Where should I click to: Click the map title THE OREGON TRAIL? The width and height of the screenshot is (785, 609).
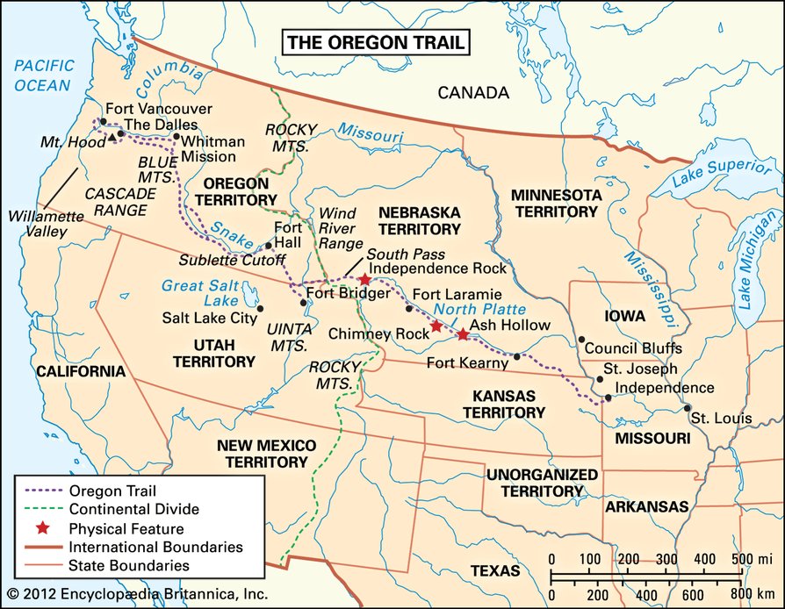point(374,42)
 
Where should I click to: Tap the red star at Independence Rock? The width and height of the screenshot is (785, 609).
point(364,279)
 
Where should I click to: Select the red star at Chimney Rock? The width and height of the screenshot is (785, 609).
point(436,326)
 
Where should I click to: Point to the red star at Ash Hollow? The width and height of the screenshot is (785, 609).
point(463,334)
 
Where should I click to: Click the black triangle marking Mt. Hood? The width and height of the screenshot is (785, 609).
point(112,138)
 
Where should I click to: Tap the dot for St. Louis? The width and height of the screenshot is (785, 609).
point(686,408)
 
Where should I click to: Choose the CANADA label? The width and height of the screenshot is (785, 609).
point(473,92)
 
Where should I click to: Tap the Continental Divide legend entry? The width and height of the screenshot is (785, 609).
point(133,509)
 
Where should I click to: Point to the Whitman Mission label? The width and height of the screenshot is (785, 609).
point(209,147)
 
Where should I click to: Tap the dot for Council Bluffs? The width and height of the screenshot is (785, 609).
point(581,340)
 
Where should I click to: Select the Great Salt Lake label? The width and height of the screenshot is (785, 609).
point(195,293)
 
